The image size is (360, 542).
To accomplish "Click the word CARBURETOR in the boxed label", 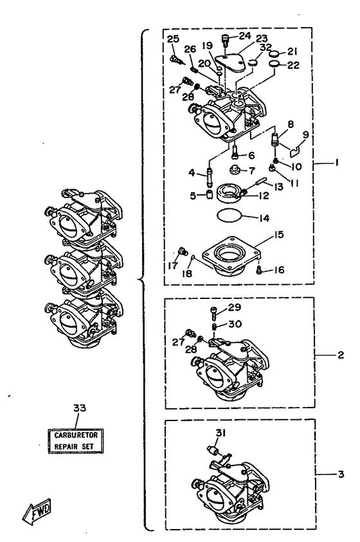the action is click(x=76, y=435).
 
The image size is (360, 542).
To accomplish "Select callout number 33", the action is click(x=80, y=408).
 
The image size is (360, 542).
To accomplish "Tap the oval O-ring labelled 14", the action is click(x=229, y=215).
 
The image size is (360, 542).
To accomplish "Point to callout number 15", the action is click(x=278, y=235).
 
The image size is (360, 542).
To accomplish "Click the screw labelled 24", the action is click(x=225, y=40).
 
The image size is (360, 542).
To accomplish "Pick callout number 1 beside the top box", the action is click(x=336, y=162).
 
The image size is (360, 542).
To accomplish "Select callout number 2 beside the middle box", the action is click(x=341, y=355).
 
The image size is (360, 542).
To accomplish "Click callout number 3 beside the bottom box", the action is click(x=341, y=474).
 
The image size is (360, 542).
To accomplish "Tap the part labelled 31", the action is click(x=212, y=451).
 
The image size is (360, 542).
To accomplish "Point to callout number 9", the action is click(x=305, y=134).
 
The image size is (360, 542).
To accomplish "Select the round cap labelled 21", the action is click(x=274, y=54).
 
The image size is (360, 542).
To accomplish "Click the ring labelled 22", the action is click(x=274, y=64).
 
